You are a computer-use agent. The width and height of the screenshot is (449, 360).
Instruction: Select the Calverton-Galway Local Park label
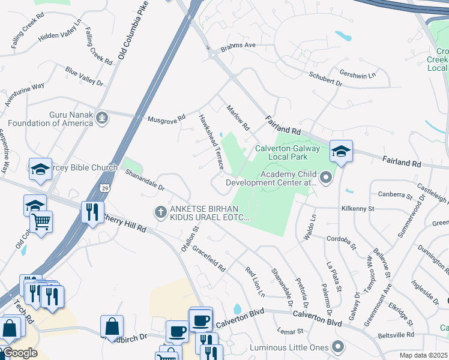281,152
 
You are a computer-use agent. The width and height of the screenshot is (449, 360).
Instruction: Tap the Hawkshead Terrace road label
211,142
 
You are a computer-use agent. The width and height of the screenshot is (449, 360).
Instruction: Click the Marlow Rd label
238,118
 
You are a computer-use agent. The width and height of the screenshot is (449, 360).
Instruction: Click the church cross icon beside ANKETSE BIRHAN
160,212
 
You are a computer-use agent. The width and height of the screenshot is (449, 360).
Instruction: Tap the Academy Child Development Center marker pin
326,178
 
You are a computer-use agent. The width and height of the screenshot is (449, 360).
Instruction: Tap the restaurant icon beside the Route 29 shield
92,212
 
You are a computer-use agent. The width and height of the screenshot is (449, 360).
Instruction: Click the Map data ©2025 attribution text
423,355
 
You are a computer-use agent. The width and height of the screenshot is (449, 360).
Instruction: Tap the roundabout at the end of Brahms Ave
212,55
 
